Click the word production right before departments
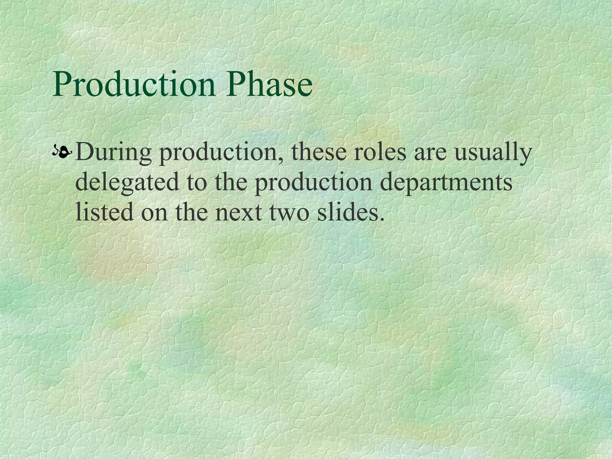pyautogui.click(x=313, y=183)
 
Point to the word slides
pyautogui.click(x=347, y=212)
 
